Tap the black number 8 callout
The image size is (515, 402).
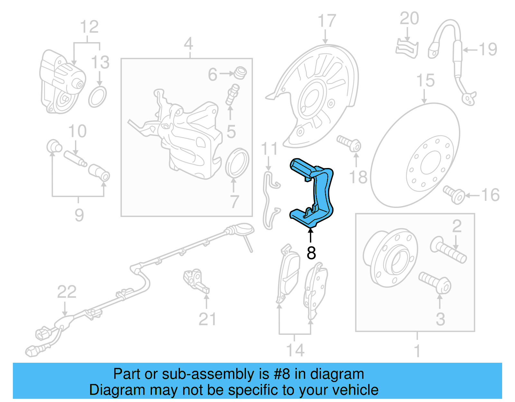311,253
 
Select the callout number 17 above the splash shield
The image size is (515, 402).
327,21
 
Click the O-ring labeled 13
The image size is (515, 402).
98,97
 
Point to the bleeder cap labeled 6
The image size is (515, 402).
240,73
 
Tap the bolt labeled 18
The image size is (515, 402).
349,143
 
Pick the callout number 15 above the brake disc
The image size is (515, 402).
425,80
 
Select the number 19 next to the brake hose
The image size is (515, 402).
488,50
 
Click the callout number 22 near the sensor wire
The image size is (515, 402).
67,292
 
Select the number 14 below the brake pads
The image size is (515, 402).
295,350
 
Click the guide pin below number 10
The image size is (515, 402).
75,159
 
